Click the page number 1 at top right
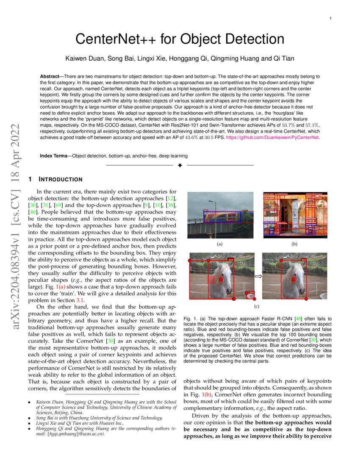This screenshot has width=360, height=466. (x=330, y=19)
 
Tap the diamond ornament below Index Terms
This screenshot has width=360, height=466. (x=180, y=165)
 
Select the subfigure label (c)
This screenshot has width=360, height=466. (x=257, y=306)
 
